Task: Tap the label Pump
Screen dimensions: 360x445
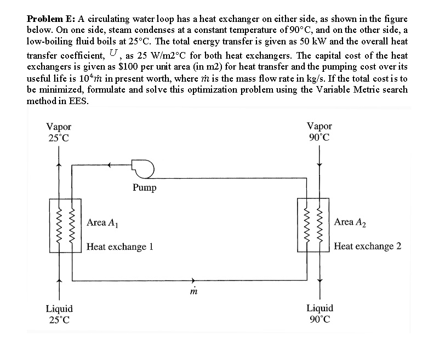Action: [144, 188]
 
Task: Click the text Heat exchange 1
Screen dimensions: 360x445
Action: [119, 247]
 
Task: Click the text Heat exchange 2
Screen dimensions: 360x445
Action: [367, 246]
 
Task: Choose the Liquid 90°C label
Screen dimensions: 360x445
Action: [320, 313]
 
